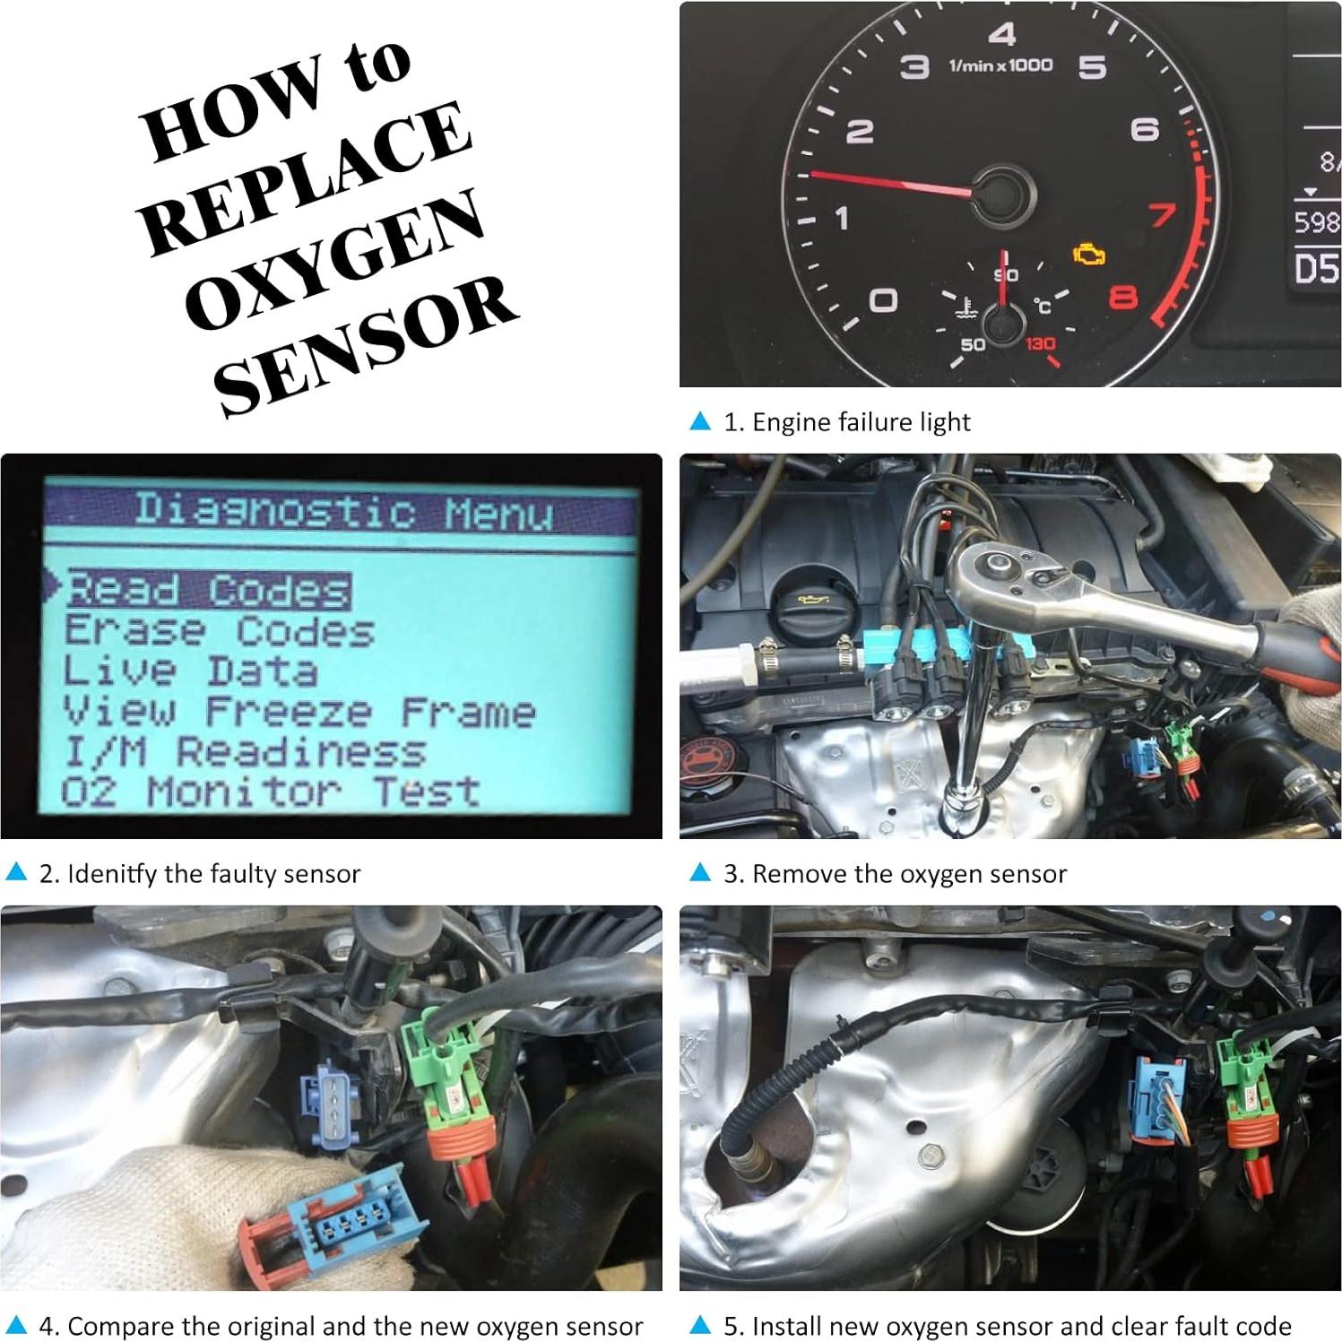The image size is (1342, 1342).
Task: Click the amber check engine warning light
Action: [1089, 255]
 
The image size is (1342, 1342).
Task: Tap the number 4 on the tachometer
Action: [1001, 34]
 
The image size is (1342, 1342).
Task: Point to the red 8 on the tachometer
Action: [1123, 297]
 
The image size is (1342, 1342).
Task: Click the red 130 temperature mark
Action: [1040, 343]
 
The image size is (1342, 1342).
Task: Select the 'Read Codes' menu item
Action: [208, 590]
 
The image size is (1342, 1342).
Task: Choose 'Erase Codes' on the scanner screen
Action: [219, 630]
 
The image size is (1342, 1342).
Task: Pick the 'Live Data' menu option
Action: [190, 671]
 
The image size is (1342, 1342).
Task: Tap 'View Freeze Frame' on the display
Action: [299, 711]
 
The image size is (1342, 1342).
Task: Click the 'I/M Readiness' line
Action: [244, 751]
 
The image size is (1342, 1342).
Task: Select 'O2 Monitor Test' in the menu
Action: [270, 792]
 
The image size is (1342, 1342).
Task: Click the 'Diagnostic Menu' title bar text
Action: [343, 511]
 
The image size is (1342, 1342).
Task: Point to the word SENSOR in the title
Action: [366, 345]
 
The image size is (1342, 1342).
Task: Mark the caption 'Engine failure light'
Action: [846, 421]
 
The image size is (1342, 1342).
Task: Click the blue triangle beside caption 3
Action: [700, 872]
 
